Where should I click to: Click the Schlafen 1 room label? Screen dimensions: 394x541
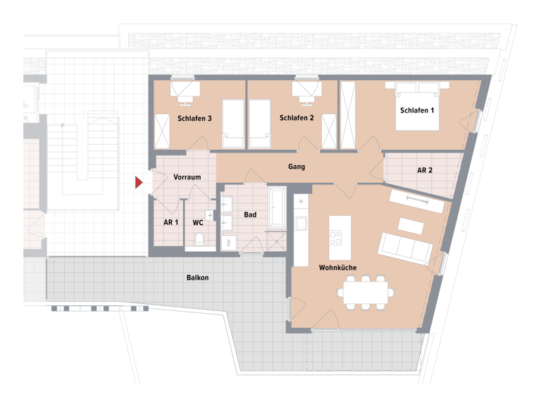click(417, 110)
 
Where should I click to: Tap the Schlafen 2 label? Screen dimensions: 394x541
click(297, 118)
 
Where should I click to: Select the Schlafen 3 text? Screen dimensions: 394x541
click(195, 118)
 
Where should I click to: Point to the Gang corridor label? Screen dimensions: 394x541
click(297, 167)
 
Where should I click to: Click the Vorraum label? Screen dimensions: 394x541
click(187, 177)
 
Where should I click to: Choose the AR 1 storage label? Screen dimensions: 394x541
click(170, 222)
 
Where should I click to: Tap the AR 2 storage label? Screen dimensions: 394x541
click(425, 170)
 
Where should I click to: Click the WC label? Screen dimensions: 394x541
click(198, 222)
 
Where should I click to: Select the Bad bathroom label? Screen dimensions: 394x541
click(249, 215)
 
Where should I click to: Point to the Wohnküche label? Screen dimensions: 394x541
click(337, 268)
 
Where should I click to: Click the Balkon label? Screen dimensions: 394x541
click(197, 278)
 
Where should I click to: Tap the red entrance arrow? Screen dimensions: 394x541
click(139, 183)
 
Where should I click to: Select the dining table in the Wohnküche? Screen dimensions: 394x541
click(366, 290)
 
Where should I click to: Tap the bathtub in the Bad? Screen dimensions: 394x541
click(277, 209)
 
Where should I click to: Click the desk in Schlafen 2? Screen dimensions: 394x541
click(306, 89)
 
